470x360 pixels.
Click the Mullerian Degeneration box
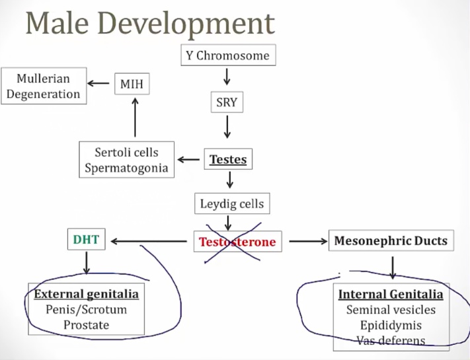click(x=43, y=86)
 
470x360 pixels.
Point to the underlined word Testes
click(x=228, y=159)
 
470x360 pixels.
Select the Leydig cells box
click(x=231, y=203)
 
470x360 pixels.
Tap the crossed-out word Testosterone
click(x=237, y=242)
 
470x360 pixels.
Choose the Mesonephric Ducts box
click(x=391, y=241)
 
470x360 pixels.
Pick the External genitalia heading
click(x=86, y=294)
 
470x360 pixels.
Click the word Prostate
click(x=86, y=324)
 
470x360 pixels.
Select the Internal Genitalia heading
click(x=391, y=294)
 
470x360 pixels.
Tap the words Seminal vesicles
click(x=391, y=310)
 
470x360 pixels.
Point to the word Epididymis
click(x=391, y=325)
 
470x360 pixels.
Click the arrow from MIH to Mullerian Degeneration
click(x=99, y=83)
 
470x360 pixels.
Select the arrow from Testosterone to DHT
click(x=149, y=242)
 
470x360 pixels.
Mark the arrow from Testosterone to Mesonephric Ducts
click(x=308, y=242)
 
